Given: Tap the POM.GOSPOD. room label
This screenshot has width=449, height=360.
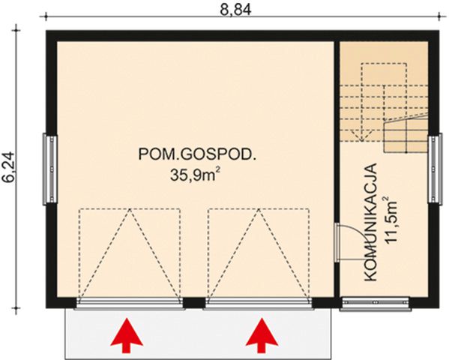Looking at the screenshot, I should [x=199, y=155].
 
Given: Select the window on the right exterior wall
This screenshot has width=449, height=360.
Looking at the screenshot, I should [x=434, y=169].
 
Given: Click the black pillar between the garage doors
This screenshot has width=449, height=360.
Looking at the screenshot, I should [x=194, y=302].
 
